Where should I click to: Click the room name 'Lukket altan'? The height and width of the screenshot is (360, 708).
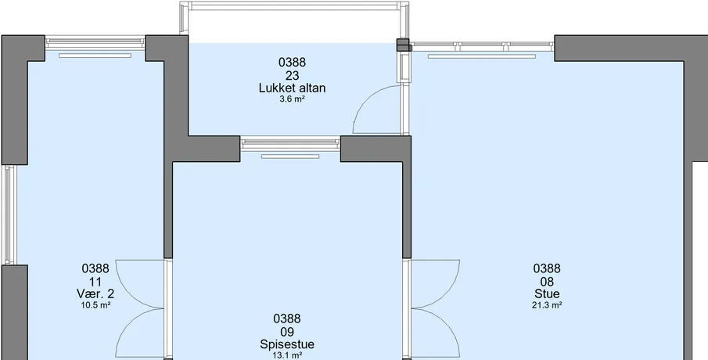[x=292, y=88]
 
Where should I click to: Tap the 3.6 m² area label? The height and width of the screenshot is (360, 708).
[x=292, y=99]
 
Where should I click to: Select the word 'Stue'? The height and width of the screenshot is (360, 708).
[x=547, y=294]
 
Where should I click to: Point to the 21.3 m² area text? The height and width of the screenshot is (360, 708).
[x=547, y=305]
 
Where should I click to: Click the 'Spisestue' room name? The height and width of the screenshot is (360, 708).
[x=287, y=344]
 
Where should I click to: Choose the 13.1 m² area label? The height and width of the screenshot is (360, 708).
[x=287, y=355]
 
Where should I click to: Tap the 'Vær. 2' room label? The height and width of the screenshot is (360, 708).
[x=95, y=294]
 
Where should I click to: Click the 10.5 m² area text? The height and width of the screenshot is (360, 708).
[x=95, y=305]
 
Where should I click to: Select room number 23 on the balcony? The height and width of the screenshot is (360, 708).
[x=292, y=75]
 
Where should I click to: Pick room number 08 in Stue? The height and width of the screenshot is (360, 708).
[x=547, y=282]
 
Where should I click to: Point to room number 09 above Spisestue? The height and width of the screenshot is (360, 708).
[x=287, y=332]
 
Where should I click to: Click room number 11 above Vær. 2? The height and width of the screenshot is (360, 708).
[x=95, y=282]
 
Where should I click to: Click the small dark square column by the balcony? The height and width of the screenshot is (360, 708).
[x=403, y=45]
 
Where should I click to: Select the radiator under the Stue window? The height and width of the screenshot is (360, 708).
[x=482, y=56]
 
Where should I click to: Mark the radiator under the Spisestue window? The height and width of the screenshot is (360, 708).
[x=290, y=157]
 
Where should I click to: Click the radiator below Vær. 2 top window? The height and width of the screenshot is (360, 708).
[x=95, y=56]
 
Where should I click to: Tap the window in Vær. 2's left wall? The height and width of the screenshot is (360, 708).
[x=9, y=214]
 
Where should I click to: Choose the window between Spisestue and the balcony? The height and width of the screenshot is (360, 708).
[x=290, y=143]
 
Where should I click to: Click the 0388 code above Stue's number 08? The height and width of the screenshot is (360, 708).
[x=547, y=268]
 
